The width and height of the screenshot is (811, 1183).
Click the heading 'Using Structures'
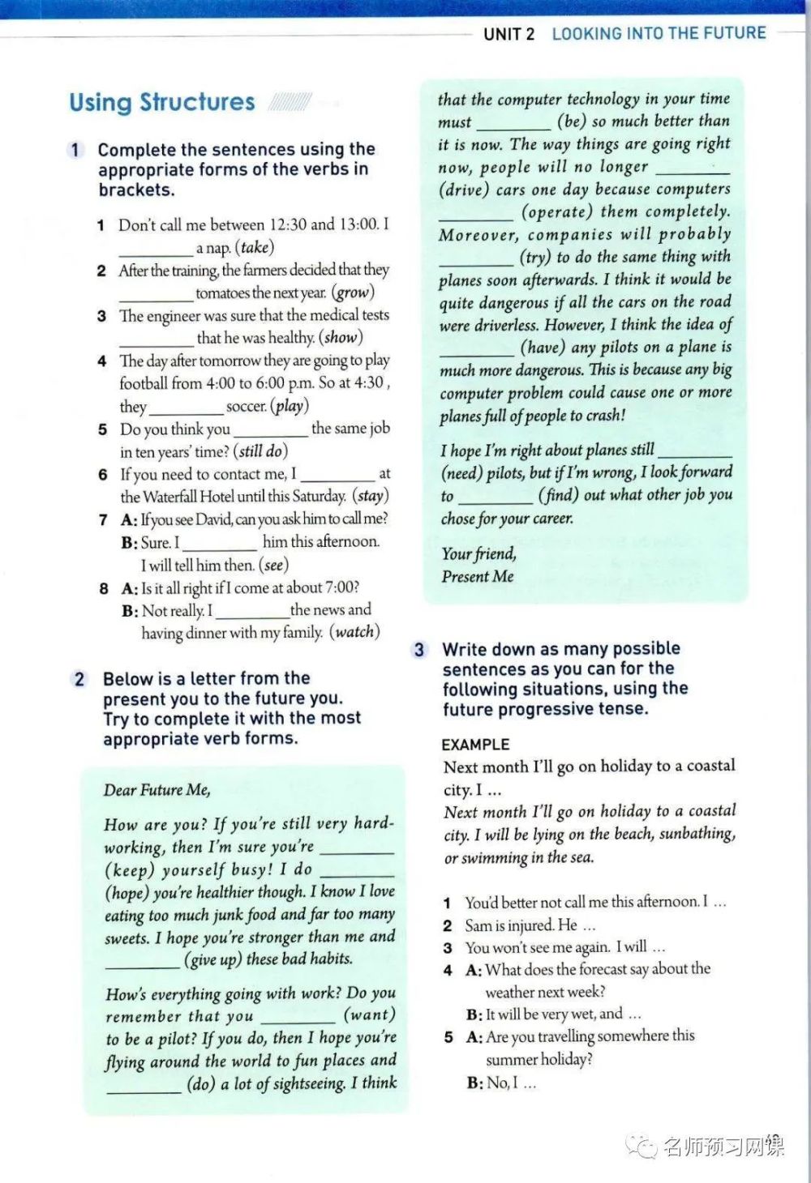[x=162, y=102]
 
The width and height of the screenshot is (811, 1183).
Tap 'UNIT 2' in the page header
[x=508, y=33]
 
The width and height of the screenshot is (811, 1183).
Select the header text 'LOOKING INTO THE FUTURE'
[x=659, y=33]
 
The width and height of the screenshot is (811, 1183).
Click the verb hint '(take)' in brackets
[x=255, y=247]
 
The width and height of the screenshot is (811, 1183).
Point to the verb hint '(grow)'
[x=353, y=293]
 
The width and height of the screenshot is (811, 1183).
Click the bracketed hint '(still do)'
[x=260, y=451]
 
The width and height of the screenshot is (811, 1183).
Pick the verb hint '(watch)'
[x=354, y=632]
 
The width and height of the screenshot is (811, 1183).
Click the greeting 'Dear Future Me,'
[x=157, y=790]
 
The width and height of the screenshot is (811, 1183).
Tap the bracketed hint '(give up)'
[x=212, y=959]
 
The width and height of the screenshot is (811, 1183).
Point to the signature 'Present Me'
[x=478, y=576]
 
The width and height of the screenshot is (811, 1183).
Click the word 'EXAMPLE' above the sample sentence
[x=475, y=744]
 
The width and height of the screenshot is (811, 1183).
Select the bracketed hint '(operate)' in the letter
[x=557, y=211]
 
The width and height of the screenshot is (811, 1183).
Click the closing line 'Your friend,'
[x=478, y=553]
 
